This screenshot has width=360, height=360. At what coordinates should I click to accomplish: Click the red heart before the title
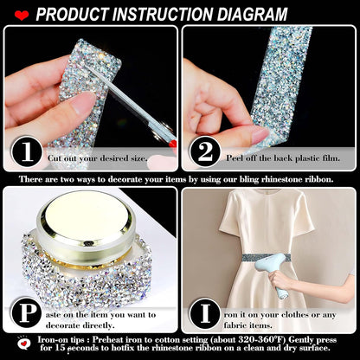pos(21,15)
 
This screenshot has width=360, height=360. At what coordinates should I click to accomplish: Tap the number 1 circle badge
pos(28,152)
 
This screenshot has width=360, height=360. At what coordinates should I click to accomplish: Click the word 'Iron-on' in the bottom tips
pos(56,338)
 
